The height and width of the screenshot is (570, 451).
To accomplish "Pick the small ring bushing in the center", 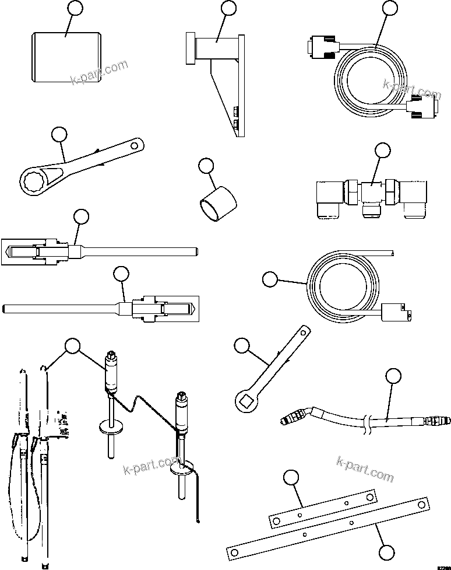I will [219, 204].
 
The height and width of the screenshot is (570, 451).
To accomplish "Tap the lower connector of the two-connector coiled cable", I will [421, 109].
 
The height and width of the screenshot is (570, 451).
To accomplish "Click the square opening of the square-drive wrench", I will [245, 401].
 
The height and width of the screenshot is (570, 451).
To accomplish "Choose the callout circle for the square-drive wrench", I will [241, 346].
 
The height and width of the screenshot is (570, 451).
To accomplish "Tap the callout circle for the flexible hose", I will [394, 376].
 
